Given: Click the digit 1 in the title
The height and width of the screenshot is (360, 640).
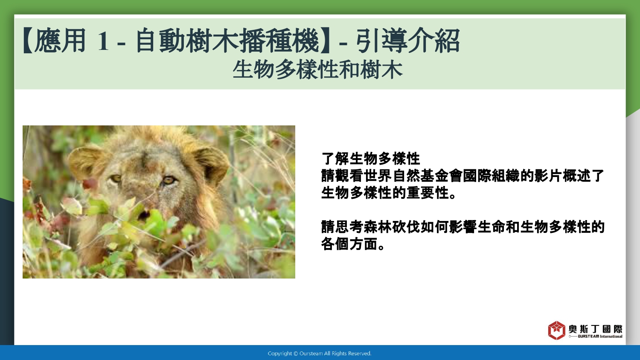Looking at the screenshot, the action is point(103,41).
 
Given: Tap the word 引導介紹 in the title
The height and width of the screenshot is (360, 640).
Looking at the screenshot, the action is point(408,41).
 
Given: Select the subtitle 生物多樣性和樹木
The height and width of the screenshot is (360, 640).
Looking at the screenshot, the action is point(318,70).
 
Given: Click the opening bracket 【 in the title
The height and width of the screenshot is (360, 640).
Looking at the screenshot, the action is point(28,41).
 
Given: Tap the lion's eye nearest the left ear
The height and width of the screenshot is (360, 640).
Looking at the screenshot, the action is point(116,179).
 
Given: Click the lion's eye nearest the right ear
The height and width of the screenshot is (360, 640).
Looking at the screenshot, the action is point(168,180).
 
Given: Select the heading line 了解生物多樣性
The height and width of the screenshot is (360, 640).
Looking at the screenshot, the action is point(371,159).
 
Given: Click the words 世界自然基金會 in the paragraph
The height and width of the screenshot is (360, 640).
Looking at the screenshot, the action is point(414,176).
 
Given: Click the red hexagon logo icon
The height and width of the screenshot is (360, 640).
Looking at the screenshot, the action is point(556,330).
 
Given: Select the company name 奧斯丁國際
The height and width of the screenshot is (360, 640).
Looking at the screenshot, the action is point(596,329).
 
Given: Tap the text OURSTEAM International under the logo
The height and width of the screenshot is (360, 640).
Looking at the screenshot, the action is point(600,336).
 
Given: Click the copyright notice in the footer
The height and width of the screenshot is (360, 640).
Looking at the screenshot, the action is point(320,354).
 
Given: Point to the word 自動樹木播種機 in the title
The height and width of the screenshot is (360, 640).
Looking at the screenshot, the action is point(227,41).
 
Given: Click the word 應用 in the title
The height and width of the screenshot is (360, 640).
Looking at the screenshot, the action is point(60,41).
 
